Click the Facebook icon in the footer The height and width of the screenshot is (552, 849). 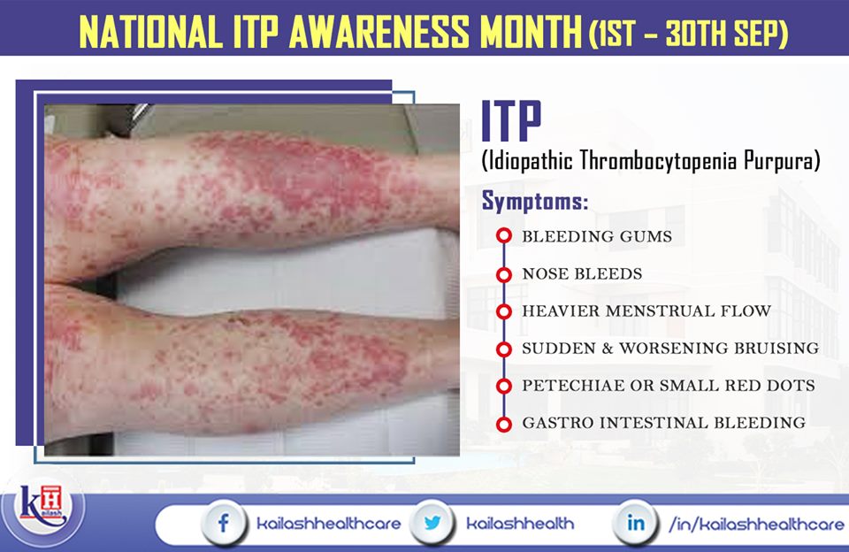coord(223,522)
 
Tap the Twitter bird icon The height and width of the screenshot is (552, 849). coord(432,522)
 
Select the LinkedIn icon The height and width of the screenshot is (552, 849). coord(635,522)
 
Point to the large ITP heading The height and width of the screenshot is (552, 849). coord(512,120)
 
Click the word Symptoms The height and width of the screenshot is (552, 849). coord(535,202)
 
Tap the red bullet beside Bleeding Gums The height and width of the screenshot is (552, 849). coord(504,236)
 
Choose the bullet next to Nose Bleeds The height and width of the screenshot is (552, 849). coord(504,274)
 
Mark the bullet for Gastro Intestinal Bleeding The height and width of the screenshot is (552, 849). coord(504,424)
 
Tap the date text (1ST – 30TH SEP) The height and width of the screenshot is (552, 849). coord(688,34)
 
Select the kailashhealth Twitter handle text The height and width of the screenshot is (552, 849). coord(520,523)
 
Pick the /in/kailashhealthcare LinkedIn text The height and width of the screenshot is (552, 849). coord(756,523)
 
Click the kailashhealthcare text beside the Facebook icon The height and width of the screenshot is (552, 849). coord(328,523)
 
